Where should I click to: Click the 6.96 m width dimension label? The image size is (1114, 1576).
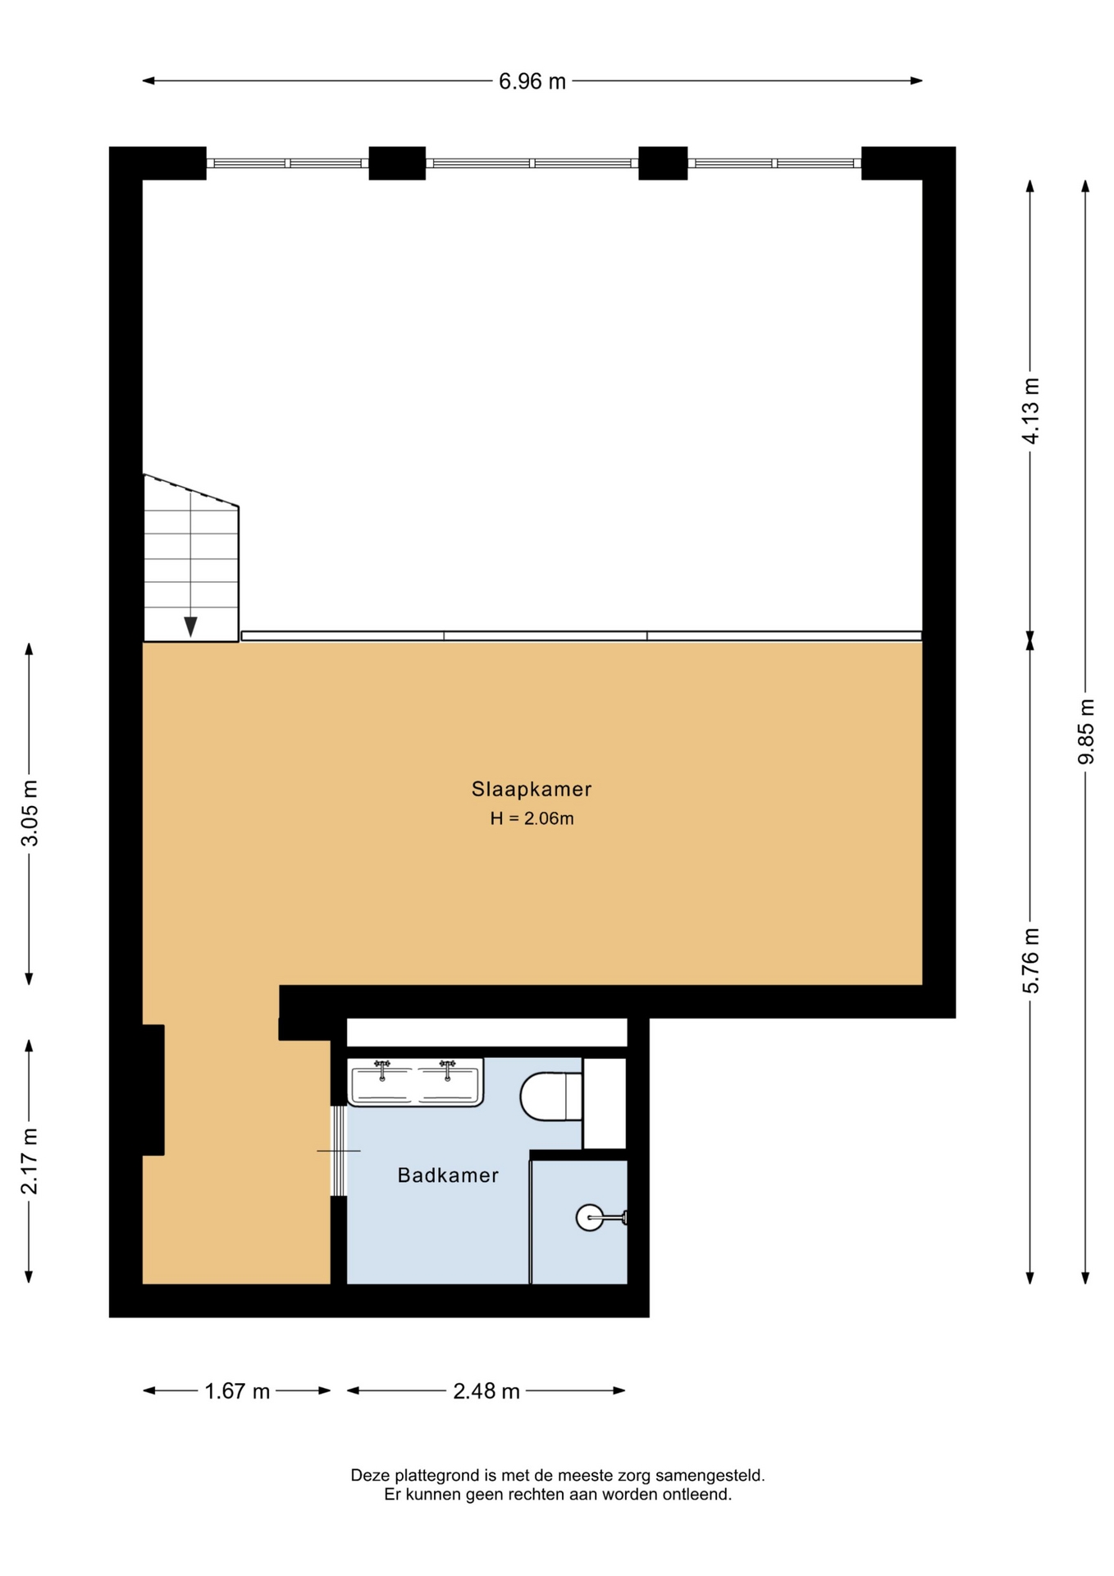(x=532, y=81)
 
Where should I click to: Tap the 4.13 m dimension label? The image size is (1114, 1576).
(x=1030, y=410)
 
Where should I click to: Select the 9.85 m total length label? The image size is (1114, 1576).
(x=1085, y=731)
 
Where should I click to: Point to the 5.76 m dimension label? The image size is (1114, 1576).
(x=1030, y=960)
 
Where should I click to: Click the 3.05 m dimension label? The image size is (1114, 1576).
(x=30, y=813)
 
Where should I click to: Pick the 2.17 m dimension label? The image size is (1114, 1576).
(x=30, y=1161)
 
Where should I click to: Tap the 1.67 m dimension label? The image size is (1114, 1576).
(x=237, y=1391)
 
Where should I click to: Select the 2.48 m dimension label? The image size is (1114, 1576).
(x=486, y=1391)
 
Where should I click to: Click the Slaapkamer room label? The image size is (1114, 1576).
(x=532, y=789)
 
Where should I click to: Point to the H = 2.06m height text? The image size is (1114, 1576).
(x=532, y=818)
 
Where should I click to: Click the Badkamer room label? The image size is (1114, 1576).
(x=448, y=1175)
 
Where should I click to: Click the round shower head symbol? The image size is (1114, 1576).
(x=589, y=1217)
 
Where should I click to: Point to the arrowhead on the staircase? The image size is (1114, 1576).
(x=190, y=626)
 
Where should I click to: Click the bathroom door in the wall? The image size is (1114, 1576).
(x=338, y=1151)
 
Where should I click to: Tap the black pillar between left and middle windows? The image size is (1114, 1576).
(x=397, y=163)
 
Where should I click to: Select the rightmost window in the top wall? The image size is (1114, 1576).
(x=774, y=163)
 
